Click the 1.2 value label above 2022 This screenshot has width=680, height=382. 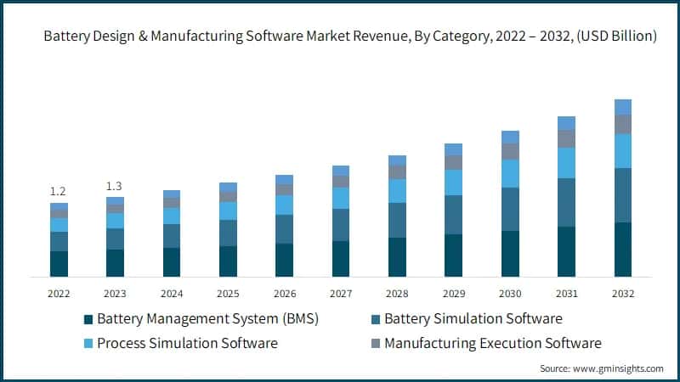59,191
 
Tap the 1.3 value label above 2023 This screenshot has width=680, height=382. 115,186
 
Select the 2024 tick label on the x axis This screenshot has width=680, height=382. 172,293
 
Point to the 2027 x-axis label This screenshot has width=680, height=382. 341,293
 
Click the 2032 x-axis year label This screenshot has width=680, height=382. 623,293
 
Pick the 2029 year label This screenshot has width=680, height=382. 454,293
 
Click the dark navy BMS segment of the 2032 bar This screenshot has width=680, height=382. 623,250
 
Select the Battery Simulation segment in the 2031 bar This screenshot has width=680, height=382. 566,202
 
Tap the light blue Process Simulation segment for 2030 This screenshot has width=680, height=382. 510,173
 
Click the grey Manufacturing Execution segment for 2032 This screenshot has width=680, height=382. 623,124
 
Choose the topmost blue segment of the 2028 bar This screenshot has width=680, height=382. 397,160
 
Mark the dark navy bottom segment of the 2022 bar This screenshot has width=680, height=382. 59,263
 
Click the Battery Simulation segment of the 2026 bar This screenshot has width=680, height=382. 284,229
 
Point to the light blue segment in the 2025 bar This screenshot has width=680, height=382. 228,211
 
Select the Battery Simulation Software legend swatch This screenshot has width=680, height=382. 375,320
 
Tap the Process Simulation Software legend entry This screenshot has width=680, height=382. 187,344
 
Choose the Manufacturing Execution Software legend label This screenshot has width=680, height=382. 492,344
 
